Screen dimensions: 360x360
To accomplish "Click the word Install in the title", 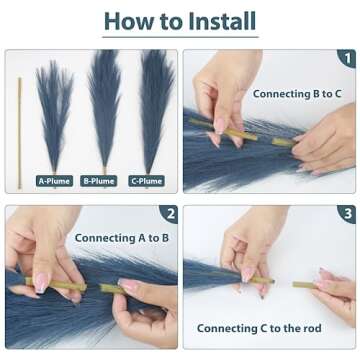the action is [222, 21].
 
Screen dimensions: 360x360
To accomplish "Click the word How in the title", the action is [129, 21].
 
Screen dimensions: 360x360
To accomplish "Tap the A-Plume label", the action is [54, 181].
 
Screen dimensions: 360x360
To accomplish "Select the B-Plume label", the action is [99, 181].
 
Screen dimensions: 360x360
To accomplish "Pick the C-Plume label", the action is [147, 181].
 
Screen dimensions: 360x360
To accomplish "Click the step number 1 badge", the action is [347, 58].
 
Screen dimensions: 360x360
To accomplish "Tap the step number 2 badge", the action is [169, 214].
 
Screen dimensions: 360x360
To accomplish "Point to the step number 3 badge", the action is [347, 214].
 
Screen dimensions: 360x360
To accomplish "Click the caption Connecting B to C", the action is [297, 94].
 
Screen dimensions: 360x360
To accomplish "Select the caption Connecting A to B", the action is [122, 238].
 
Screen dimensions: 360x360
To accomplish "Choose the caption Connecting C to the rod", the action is [259, 328].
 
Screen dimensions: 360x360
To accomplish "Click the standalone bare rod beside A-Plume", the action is [19, 133].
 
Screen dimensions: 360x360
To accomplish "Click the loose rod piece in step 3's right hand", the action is [305, 285].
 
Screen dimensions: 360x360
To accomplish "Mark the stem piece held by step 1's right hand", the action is [283, 142].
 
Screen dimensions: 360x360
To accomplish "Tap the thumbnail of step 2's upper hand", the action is [42, 283].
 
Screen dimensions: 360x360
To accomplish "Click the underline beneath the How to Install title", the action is [180, 37].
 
